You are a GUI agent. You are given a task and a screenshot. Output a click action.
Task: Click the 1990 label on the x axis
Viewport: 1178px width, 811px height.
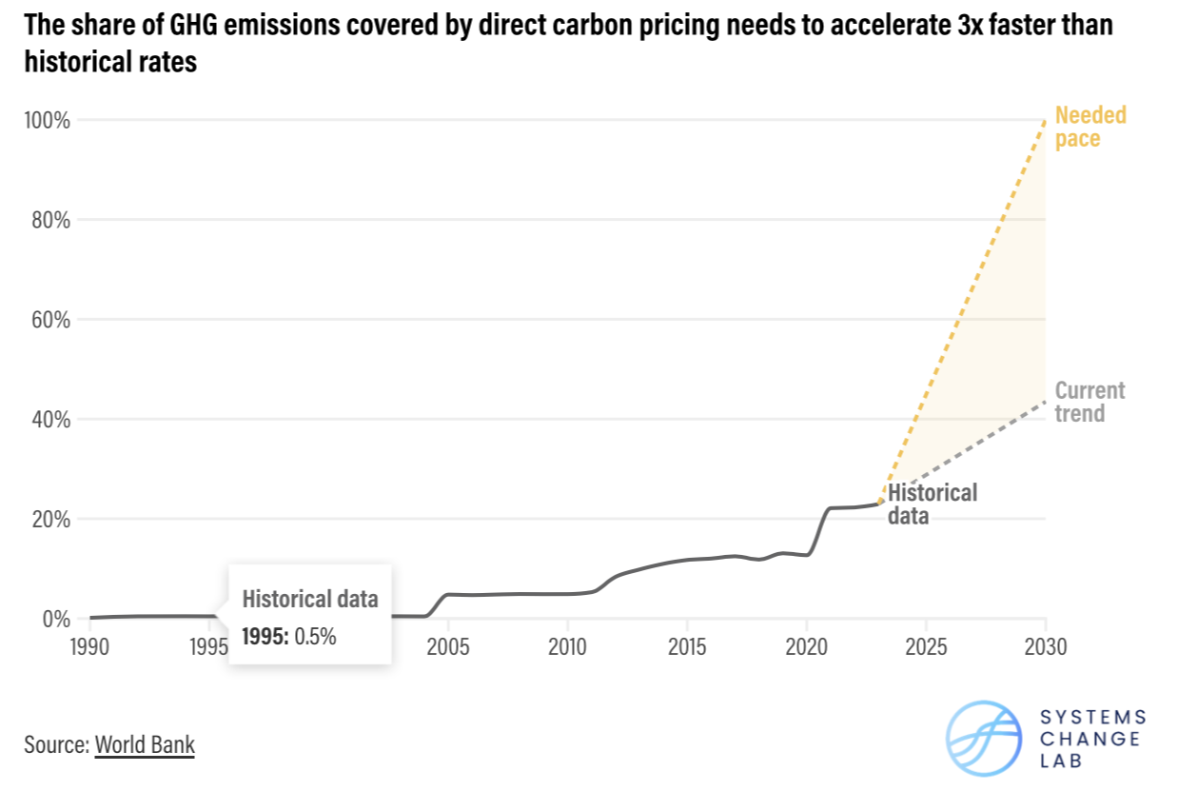[90, 648]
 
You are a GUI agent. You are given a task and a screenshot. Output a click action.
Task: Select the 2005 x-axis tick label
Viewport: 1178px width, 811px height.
[448, 648]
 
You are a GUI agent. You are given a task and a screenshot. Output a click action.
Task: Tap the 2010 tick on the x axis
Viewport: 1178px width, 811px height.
[567, 648]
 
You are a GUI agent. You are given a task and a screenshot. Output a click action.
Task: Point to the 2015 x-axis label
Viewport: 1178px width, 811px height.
[687, 648]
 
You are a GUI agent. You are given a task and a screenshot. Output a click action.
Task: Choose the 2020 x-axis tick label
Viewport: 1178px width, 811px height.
[806, 648]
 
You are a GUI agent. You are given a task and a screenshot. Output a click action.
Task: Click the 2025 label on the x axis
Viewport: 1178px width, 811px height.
[926, 648]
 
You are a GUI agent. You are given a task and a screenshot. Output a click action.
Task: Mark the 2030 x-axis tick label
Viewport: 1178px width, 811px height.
[1045, 648]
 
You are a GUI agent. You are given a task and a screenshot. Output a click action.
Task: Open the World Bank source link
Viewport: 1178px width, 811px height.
[145, 744]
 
